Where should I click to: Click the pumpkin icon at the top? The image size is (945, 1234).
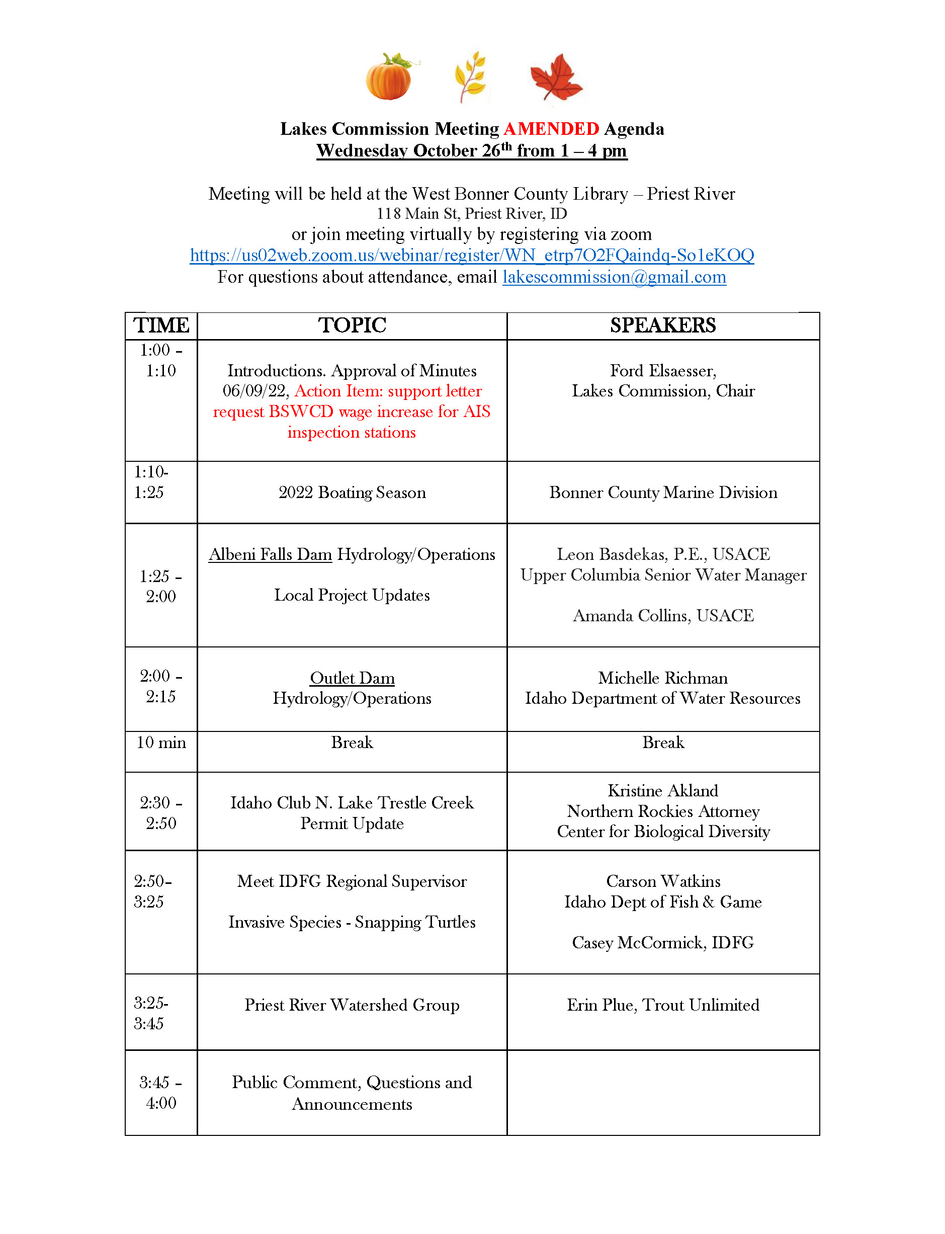pos(389,77)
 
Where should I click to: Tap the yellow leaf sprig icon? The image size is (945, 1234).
pos(470,76)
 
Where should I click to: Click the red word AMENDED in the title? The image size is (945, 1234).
pos(551,129)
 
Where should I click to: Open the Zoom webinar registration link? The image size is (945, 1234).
pos(471,256)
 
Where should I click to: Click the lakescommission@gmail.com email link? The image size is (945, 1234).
pos(614,277)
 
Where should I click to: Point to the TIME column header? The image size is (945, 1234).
pos(161,325)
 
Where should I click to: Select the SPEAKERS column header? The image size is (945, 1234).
pos(663,325)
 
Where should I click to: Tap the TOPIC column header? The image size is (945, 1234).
pos(352,325)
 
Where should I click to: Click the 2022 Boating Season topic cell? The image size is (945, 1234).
pos(352,492)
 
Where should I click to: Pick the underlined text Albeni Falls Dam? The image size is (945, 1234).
pos(270,554)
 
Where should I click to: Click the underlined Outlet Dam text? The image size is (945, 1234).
pos(352,678)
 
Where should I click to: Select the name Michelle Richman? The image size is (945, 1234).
pos(663,678)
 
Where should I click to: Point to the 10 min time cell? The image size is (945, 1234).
pos(161,743)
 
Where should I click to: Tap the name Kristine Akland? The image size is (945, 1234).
pos(663,791)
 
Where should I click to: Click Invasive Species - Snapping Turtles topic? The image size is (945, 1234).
pos(352,922)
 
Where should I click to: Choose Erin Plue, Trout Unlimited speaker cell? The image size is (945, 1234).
pos(663,1005)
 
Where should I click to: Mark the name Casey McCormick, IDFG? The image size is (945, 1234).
pos(663,943)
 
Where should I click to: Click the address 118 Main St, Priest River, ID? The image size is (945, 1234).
pos(471,214)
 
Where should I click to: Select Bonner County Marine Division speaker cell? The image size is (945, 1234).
pos(663,492)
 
